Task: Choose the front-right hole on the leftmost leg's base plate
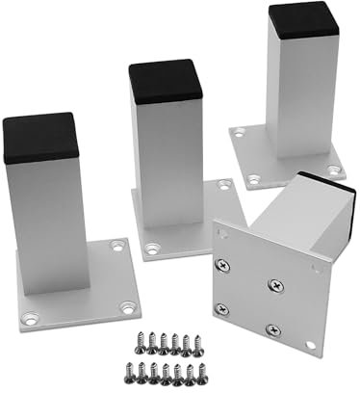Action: [x=126, y=308]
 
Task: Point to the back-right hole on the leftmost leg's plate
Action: [x=117, y=247]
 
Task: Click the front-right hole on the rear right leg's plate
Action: [x=334, y=170]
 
